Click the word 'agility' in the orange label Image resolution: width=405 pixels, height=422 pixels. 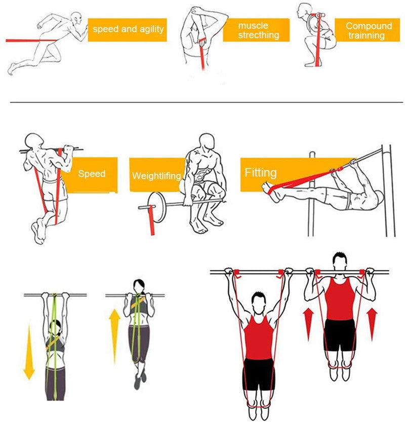tap(151, 29)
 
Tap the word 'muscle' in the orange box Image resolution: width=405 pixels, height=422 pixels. tap(253, 25)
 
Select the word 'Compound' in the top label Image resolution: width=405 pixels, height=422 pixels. tap(369, 26)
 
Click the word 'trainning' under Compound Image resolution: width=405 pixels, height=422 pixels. tap(367, 35)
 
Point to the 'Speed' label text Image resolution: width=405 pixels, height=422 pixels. tap(92, 174)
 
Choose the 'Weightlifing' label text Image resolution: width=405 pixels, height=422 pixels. tap(156, 176)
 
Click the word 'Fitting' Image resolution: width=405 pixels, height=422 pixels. tap(261, 173)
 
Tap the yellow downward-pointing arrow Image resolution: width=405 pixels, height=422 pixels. tap(29, 352)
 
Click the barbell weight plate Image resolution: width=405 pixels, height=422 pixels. tap(156, 207)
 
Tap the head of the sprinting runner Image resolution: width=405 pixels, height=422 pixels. tap(76, 18)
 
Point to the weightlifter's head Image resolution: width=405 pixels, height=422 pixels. tap(207, 142)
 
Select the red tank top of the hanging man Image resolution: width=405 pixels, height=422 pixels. tap(258, 337)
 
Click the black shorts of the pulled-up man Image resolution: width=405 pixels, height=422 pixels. tap(340, 335)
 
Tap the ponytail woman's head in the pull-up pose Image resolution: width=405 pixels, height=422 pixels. tap(139, 286)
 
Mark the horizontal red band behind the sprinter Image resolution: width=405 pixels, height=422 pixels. tap(31, 41)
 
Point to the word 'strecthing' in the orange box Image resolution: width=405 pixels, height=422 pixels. tap(259, 35)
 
